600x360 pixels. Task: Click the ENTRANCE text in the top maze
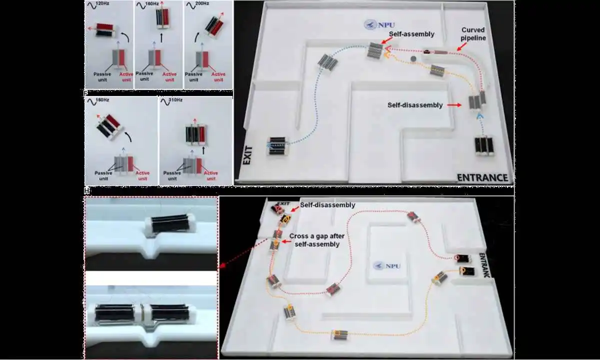(x=481, y=177)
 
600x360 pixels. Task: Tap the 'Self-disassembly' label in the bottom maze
(x=328, y=205)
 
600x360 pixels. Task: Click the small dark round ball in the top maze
(x=413, y=59)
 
